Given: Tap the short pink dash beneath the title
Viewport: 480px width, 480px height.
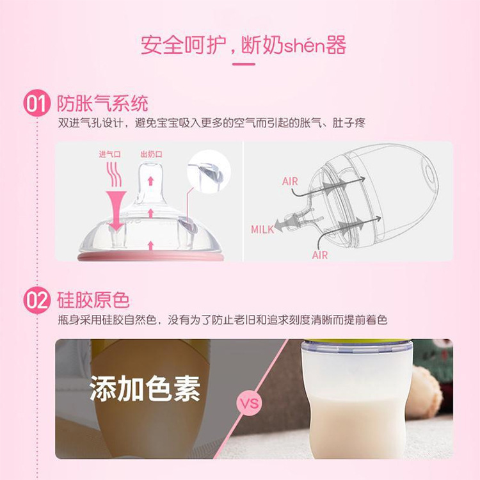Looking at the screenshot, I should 240,64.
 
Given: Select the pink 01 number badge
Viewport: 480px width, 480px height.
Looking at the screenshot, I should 36,104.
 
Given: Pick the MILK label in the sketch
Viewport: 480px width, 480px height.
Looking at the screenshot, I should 262,229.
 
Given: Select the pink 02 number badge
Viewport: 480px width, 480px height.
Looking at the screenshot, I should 36,300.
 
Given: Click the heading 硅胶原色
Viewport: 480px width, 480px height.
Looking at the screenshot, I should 93,299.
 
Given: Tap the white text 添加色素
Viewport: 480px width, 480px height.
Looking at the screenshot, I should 144,387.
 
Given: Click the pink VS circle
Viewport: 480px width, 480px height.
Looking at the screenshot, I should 248,404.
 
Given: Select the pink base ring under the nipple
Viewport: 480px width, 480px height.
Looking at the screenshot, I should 150,257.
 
